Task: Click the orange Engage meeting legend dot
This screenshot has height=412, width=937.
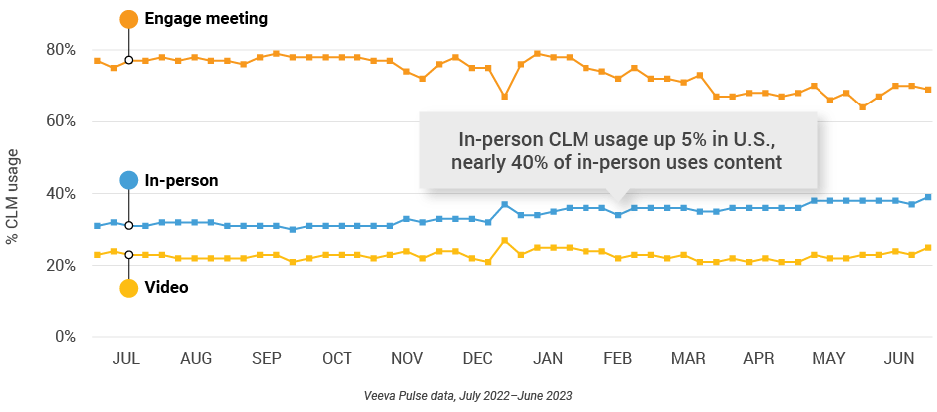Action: click(x=128, y=19)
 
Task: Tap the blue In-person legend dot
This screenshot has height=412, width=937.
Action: click(x=128, y=180)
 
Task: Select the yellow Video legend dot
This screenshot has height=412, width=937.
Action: click(x=128, y=288)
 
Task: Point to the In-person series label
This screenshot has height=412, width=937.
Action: click(x=182, y=180)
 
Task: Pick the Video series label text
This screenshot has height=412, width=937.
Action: click(x=167, y=288)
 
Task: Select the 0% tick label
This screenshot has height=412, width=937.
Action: click(x=66, y=337)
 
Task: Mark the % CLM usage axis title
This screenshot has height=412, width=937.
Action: click(x=13, y=194)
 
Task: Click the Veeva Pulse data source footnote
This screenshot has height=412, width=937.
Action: click(x=467, y=396)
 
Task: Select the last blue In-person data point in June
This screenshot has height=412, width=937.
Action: click(x=928, y=197)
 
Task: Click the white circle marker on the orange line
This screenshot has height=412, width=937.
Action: click(x=129, y=60)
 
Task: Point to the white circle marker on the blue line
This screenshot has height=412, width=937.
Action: click(x=129, y=226)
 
